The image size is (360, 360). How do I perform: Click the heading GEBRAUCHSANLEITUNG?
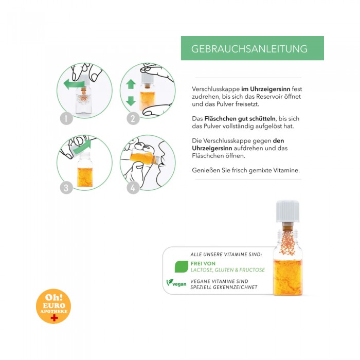[x=249, y=49]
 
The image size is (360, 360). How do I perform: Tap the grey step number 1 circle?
[x=66, y=119]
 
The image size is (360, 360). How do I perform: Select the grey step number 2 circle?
[x=133, y=119]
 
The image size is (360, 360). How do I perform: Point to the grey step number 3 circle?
[x=66, y=188]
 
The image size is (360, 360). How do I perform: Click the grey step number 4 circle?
[x=133, y=188]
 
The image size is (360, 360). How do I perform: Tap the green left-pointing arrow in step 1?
[x=74, y=84]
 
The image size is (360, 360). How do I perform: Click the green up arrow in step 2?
[x=131, y=84]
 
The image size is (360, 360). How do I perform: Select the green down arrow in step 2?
[x=131, y=101]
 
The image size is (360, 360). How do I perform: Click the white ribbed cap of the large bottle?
[x=287, y=211]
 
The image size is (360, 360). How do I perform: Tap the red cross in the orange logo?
[x=54, y=317]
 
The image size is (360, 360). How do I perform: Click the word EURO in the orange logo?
[x=54, y=305]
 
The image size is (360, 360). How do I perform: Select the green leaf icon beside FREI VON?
[x=182, y=266]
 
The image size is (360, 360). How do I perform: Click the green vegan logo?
[x=176, y=283]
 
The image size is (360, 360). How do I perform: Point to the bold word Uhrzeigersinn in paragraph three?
[x=212, y=148]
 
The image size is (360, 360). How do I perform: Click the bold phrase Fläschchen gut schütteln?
[x=240, y=119]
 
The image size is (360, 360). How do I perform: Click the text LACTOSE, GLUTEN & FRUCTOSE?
[x=227, y=270]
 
